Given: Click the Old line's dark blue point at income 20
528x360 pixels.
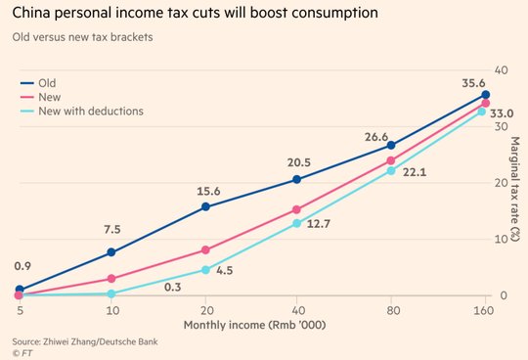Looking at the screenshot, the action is click(x=205, y=206).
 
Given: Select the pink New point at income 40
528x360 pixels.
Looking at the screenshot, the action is click(x=296, y=209).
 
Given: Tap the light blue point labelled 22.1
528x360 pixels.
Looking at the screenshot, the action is click(x=391, y=171).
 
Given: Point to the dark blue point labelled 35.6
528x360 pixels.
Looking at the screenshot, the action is click(x=486, y=95).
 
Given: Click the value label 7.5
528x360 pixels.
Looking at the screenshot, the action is click(x=112, y=229).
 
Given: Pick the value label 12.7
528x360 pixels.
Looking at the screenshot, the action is click(x=319, y=224).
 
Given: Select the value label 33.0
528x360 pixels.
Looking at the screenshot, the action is click(x=502, y=113).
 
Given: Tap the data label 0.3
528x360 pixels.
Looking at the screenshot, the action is click(x=173, y=288).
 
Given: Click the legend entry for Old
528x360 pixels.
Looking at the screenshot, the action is click(x=38, y=83).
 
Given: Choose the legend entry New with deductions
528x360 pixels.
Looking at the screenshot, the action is click(x=82, y=112).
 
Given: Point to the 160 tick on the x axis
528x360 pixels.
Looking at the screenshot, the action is click(x=483, y=310).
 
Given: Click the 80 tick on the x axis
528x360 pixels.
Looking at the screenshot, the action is click(x=393, y=310).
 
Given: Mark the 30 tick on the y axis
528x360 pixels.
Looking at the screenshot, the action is click(x=502, y=126).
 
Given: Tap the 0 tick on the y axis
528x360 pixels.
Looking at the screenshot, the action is click(x=504, y=295).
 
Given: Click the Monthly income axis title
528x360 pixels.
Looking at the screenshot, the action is click(x=254, y=326).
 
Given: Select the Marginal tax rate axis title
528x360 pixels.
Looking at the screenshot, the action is click(x=515, y=189).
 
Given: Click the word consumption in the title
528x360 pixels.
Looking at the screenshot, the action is click(x=334, y=13).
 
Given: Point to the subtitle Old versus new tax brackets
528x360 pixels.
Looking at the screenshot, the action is click(x=82, y=37).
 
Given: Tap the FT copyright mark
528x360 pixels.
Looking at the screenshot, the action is click(x=22, y=353).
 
